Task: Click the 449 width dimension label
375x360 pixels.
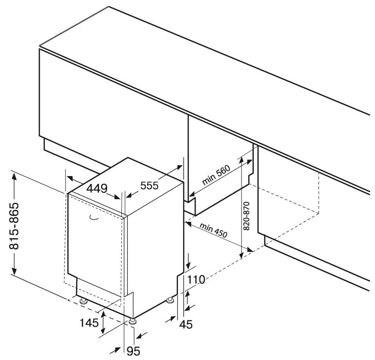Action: tap(97, 188)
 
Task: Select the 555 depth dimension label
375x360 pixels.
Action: tap(150, 186)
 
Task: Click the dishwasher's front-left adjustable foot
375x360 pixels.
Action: tap(83, 300)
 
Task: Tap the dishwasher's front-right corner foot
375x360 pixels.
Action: tap(132, 320)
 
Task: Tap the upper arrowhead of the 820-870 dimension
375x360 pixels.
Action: tap(241, 161)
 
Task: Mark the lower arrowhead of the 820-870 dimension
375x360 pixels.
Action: tap(241, 256)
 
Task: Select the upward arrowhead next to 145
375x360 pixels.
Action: tap(104, 315)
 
